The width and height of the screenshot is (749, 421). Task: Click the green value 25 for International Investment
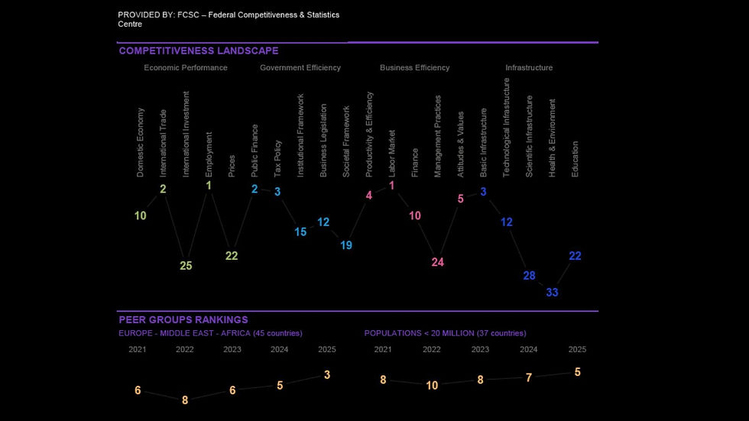click(186, 266)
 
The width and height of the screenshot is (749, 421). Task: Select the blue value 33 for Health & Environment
click(552, 292)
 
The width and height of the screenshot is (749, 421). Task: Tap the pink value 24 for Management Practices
click(437, 262)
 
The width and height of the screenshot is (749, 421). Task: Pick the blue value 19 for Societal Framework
click(346, 245)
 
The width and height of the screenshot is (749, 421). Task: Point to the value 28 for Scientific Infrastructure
click(529, 276)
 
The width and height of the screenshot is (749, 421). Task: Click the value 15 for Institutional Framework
click(300, 232)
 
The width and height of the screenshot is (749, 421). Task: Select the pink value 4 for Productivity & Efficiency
click(369, 196)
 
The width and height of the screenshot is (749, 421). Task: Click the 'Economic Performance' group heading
click(186, 68)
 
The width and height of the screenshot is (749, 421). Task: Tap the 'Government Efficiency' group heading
click(300, 68)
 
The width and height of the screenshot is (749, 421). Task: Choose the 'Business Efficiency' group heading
click(414, 68)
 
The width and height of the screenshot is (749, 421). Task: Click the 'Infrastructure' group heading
click(529, 68)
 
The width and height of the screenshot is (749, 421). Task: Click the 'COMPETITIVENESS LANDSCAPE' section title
click(199, 51)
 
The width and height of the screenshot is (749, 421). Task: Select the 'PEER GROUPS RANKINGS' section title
click(183, 320)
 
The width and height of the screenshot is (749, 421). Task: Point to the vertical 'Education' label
click(575, 159)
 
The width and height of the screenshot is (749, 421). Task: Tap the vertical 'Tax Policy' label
click(277, 158)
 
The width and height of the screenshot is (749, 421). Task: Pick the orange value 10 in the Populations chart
click(432, 386)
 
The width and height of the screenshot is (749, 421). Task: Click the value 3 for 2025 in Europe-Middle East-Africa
click(327, 375)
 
